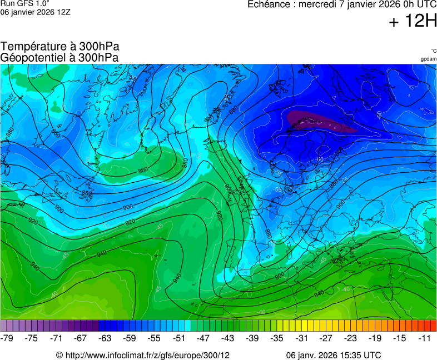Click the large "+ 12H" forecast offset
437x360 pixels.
413,22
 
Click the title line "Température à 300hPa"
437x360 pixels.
60,47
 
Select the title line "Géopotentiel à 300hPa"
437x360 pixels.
59,57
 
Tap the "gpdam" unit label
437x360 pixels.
428,59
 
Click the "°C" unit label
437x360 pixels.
433,51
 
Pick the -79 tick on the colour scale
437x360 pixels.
7,338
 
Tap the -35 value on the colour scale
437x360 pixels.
276,338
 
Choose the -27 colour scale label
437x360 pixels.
325,338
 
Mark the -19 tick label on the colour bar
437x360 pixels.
374,338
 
